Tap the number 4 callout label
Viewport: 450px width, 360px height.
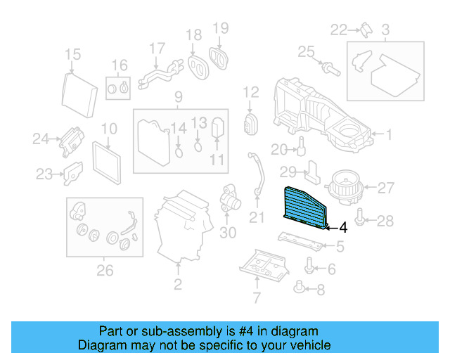[x=342, y=227]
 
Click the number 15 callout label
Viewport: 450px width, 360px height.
[x=72, y=55]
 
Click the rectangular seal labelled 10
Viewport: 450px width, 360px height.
[x=107, y=160]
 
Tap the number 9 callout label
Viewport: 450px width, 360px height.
[x=178, y=96]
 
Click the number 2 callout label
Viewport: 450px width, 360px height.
[x=178, y=285]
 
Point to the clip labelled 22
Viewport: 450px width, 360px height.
[x=366, y=29]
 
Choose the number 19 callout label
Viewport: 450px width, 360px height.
[x=221, y=28]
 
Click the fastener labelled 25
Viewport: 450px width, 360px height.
[x=328, y=67]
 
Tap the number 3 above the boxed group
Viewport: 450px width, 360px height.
[x=385, y=30]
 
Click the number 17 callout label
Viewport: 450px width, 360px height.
[x=157, y=49]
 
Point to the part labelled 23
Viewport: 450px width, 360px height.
[x=72, y=172]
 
